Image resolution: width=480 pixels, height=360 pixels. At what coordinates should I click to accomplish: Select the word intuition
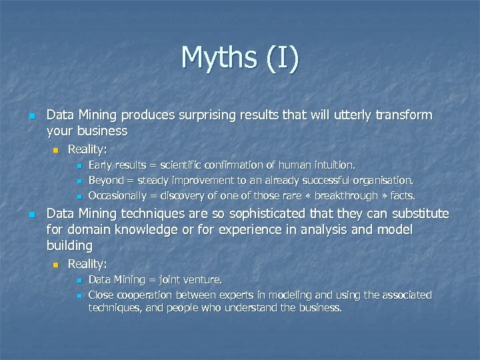click(333, 164)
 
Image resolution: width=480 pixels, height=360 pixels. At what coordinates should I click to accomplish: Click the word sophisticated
click(257, 214)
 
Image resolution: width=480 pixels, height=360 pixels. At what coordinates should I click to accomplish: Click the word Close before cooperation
click(101, 295)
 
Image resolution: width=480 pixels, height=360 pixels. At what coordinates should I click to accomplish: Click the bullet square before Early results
click(78, 165)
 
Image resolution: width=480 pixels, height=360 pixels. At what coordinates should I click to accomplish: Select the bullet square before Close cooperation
click(78, 295)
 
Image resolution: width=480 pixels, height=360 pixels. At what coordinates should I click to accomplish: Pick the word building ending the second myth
click(69, 246)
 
